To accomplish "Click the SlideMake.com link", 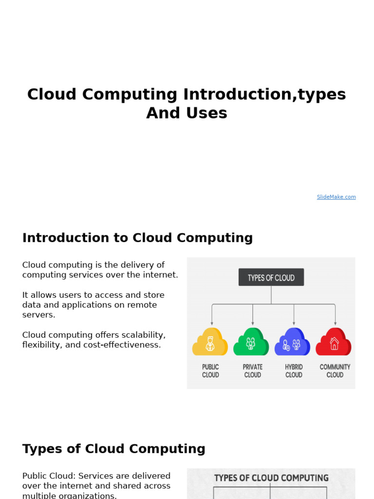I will (x=336, y=197).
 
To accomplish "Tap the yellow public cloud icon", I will (x=210, y=342).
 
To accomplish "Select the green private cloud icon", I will (x=251, y=342).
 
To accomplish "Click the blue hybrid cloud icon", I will (x=292, y=342).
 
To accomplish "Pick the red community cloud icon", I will (x=334, y=342).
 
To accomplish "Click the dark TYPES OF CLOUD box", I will (x=271, y=277).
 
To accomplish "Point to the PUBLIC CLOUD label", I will (x=210, y=371).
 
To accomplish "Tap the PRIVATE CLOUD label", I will (x=252, y=371).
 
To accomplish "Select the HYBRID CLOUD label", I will (x=294, y=371).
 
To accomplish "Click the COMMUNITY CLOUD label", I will (x=335, y=371).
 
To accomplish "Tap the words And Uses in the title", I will (x=187, y=113).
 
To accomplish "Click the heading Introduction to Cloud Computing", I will (x=137, y=238).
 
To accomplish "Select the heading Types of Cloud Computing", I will (x=113, y=449).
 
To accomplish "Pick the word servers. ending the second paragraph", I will (x=38, y=315).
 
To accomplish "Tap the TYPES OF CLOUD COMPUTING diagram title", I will (x=271, y=478).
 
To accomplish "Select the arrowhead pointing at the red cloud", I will (x=335, y=323).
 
